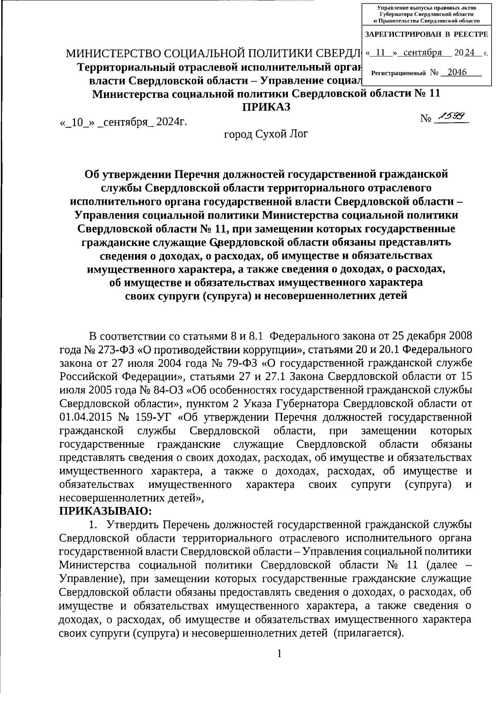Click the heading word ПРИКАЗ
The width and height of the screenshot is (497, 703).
pyautogui.click(x=266, y=107)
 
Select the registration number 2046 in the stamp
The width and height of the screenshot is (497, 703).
pyautogui.click(x=457, y=72)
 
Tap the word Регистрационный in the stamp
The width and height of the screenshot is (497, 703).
pyautogui.click(x=398, y=73)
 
